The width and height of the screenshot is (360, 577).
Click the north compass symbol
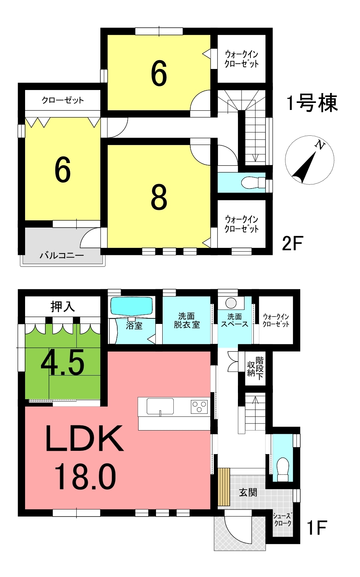tap(309, 160)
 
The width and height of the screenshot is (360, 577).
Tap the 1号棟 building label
tap(312, 103)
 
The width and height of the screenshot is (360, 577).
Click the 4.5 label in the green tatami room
tap(63, 362)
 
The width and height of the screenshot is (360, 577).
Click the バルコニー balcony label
tap(62, 256)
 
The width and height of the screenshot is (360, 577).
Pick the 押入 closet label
tap(63, 307)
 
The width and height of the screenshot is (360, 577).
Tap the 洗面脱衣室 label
tap(186, 320)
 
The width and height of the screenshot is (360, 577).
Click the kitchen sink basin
tap(160, 406)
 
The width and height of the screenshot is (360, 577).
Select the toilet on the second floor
tap(253, 183)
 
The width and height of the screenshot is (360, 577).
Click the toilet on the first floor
tap(283, 469)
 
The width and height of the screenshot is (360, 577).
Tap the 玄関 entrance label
tap(248, 493)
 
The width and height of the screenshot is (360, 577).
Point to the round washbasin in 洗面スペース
tap(231, 303)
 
